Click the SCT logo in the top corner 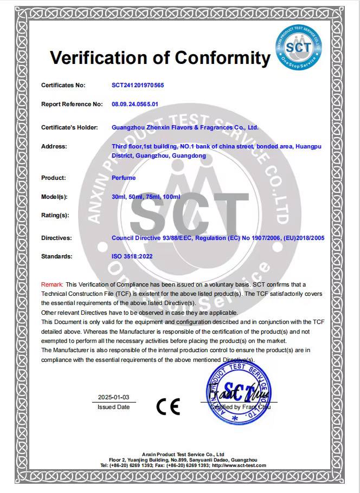299,46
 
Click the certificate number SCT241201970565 138,85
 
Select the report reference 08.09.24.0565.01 135,103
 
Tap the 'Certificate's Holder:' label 69,127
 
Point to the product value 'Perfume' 124,178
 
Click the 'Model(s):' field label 54,196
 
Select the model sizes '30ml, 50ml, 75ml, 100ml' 146,196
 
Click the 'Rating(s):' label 55,215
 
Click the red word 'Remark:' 52,284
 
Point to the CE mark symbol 168,406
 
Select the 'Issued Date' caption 114,407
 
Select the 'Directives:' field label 56,238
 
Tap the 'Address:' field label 54,146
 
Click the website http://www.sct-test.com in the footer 239,465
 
